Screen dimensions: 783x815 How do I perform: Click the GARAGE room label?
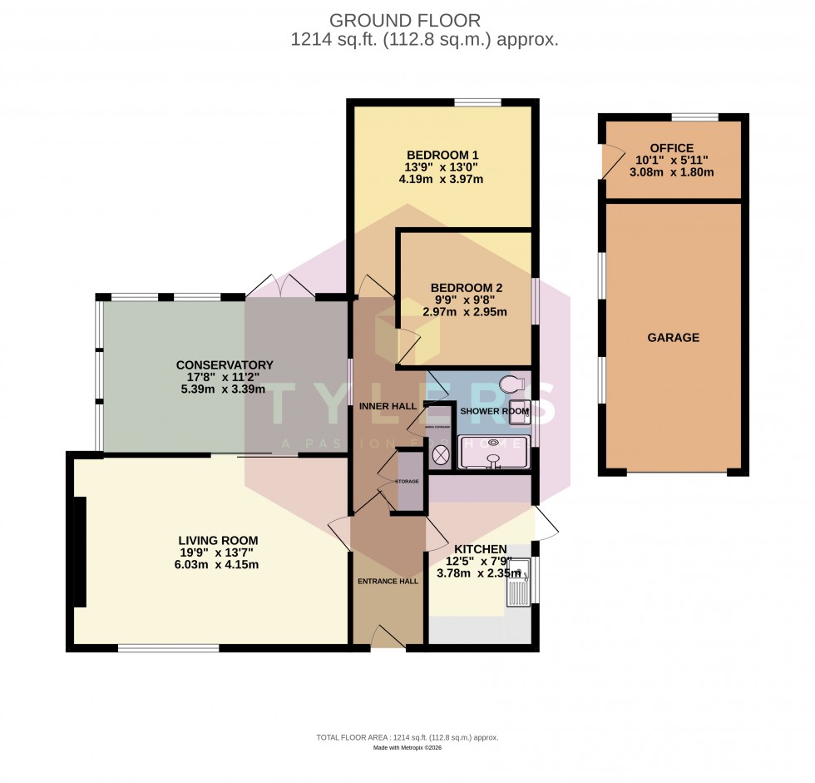tap(674, 338)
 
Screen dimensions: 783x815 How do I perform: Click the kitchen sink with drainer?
tap(518, 582)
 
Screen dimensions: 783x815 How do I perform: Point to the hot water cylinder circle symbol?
tap(441, 455)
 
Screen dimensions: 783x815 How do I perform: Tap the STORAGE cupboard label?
tap(407, 482)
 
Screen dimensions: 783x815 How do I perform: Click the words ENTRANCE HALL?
tap(388, 581)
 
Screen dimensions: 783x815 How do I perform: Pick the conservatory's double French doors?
tap(282, 285)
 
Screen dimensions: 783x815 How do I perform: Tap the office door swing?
tap(612, 161)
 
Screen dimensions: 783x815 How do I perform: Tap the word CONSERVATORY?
tap(225, 364)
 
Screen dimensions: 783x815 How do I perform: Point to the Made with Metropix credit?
tap(407, 748)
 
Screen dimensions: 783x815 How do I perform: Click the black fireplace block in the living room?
tap(80, 551)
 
